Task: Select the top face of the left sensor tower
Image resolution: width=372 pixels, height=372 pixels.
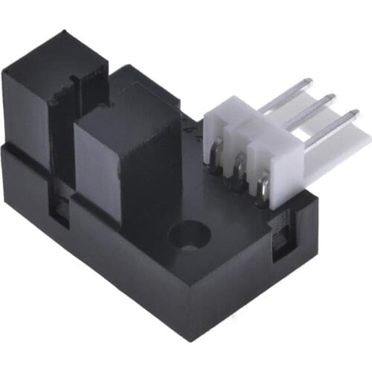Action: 45,52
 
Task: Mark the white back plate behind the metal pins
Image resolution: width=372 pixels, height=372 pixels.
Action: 350,141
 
